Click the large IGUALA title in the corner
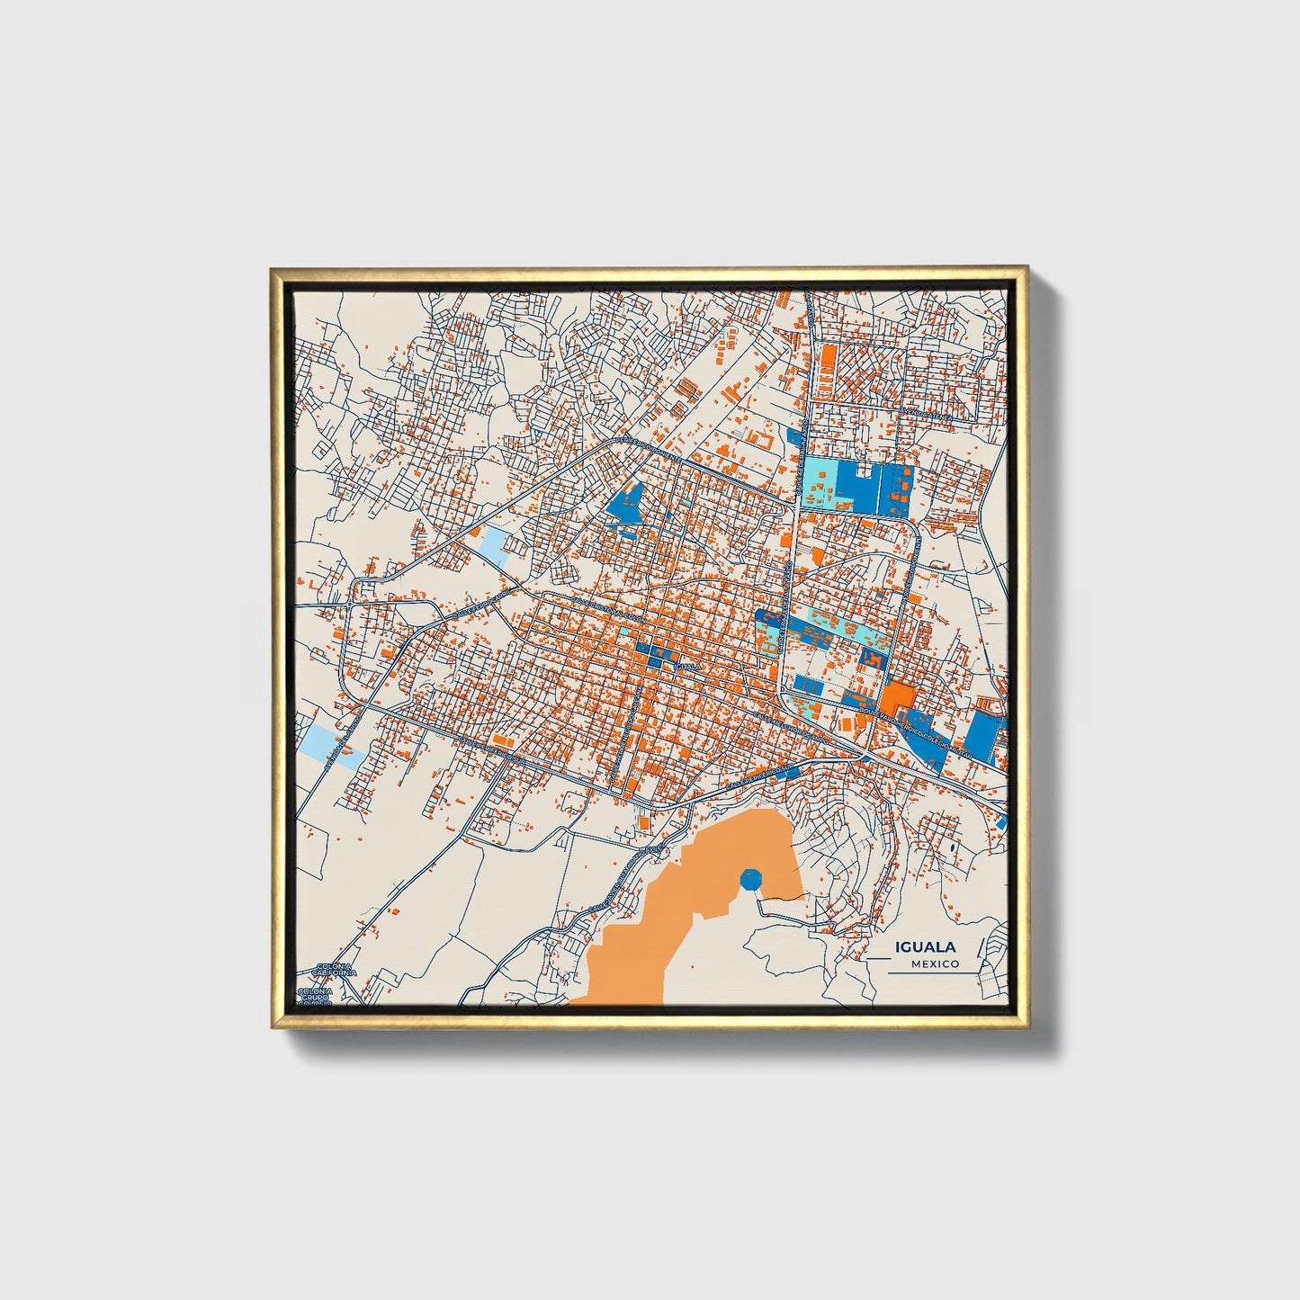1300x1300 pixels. tap(925, 946)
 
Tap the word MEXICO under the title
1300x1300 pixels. tap(935, 964)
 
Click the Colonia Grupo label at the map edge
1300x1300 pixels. tap(316, 995)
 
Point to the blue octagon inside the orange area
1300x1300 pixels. tap(749, 878)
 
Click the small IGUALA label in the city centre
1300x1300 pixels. tap(686, 666)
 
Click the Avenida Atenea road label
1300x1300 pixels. tap(928, 414)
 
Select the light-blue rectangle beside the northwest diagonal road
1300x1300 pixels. tap(495, 543)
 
